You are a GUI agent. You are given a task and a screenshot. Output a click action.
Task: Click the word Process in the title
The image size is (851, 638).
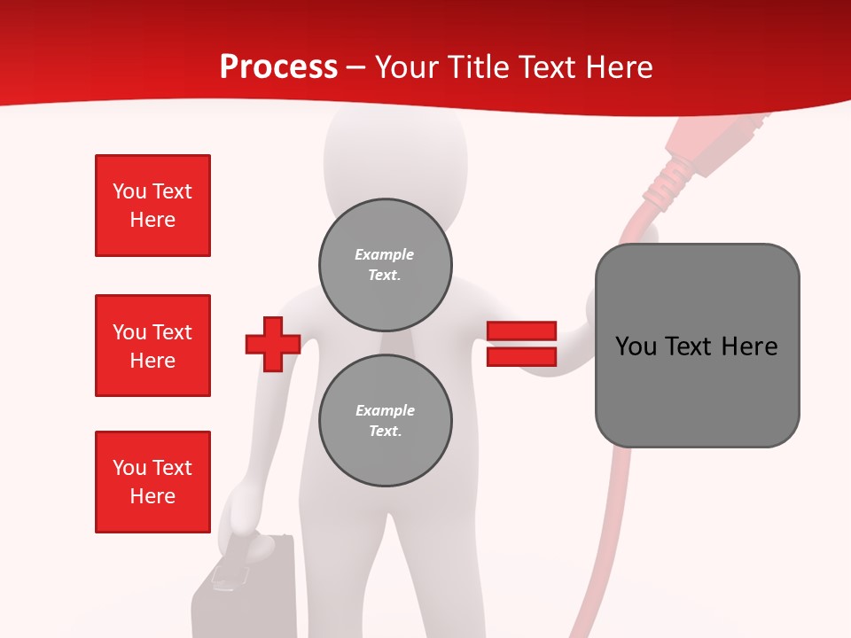pos(278,67)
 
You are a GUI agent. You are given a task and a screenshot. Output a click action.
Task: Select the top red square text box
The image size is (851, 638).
pos(152,206)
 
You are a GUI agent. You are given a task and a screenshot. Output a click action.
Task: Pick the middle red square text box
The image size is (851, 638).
pos(152,346)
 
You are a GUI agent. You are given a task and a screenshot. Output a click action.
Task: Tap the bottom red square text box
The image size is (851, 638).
pos(152,482)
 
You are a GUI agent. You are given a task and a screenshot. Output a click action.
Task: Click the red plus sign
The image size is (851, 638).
pos(273,344)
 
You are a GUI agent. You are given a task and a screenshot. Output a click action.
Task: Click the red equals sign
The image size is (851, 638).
pos(521,344)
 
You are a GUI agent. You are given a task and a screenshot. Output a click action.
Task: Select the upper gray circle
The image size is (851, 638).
pos(385,265)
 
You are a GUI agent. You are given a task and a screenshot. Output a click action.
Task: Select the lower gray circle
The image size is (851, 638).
pos(385,421)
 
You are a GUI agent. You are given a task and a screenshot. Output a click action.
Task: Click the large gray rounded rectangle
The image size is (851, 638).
pos(697,346)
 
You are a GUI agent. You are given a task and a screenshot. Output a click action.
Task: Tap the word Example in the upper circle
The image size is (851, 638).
pos(384,254)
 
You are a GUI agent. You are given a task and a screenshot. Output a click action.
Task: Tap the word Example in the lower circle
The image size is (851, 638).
pos(384,410)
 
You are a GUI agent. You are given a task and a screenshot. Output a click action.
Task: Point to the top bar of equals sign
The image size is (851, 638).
pos(521,331)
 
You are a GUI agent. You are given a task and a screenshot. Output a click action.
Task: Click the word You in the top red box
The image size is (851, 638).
pos(129,191)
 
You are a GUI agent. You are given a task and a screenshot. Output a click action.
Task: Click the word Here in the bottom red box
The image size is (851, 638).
pos(152,496)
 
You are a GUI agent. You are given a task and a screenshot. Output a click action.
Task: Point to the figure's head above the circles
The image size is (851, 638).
pos(394,159)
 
